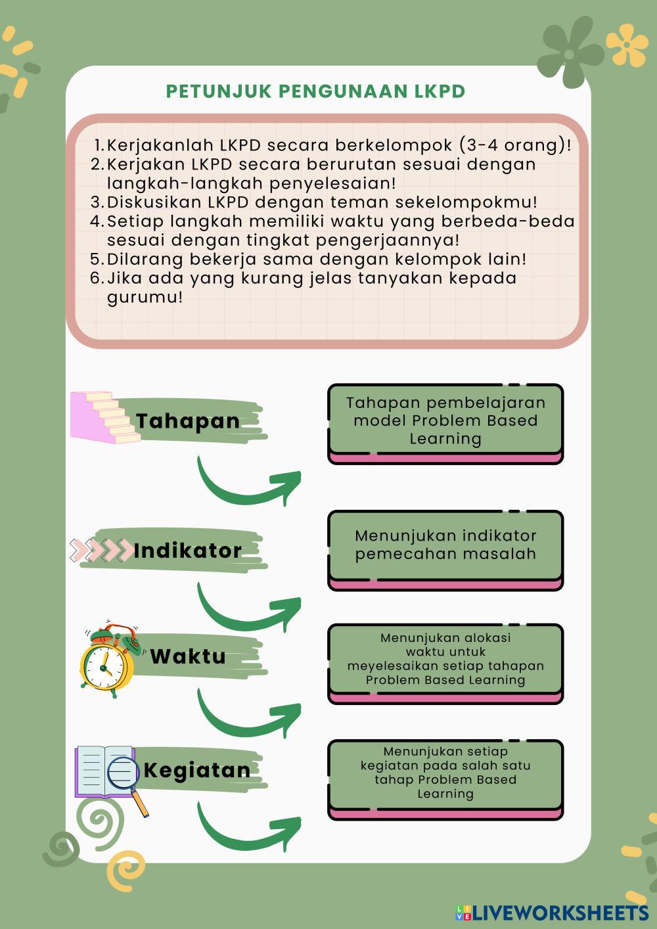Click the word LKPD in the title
(440, 91)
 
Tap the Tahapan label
(188, 421)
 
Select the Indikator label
(188, 551)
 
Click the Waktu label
(188, 656)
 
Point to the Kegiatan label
(196, 770)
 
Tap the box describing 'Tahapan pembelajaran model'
(445, 421)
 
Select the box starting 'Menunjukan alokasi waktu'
(445, 659)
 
